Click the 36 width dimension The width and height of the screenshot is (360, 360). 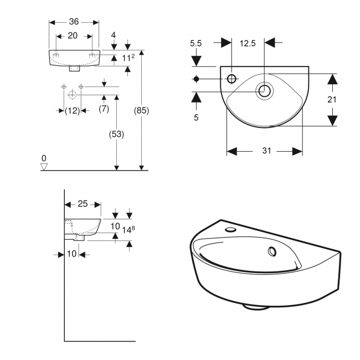pyautogui.click(x=74, y=22)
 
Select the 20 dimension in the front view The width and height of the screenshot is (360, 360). pyautogui.click(x=73, y=35)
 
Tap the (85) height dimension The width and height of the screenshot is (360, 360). pyautogui.click(x=142, y=110)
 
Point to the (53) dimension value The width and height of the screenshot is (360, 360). pyautogui.click(x=117, y=134)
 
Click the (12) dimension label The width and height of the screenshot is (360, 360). pyautogui.click(x=72, y=110)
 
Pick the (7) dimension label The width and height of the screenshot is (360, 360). pyautogui.click(x=104, y=109)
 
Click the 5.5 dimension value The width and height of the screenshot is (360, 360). pyautogui.click(x=196, y=42)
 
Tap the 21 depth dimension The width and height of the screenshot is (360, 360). pyautogui.click(x=332, y=100)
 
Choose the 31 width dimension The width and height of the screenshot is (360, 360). pyautogui.click(x=265, y=151)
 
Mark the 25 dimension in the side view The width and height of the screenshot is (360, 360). pyautogui.click(x=83, y=204)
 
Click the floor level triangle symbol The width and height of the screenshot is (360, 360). pyautogui.click(x=45, y=166)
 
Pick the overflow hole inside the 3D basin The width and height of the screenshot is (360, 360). pyautogui.click(x=272, y=251)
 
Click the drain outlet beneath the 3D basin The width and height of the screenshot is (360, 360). pyautogui.click(x=256, y=305)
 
